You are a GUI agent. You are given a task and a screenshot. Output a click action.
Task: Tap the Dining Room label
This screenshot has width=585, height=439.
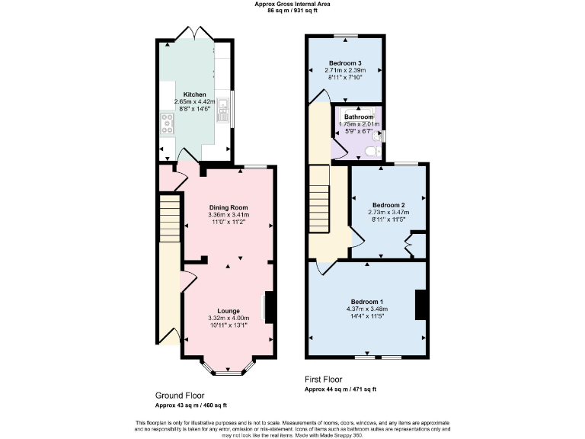click(x=229, y=207)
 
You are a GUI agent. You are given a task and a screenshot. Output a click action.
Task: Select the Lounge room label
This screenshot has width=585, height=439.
click(x=229, y=310)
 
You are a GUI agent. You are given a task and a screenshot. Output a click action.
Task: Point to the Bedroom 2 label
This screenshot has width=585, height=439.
click(x=388, y=205)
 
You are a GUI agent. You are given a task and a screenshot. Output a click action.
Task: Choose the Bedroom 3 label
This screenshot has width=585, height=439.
click(x=344, y=62)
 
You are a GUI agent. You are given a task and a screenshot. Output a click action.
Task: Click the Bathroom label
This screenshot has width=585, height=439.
click(x=358, y=117)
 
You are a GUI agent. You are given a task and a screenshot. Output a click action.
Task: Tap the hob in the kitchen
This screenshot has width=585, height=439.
click(x=166, y=123)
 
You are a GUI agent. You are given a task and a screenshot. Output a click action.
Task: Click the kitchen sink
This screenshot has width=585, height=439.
click(x=222, y=115)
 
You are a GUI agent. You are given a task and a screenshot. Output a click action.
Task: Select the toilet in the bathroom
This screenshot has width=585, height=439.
click(x=372, y=151)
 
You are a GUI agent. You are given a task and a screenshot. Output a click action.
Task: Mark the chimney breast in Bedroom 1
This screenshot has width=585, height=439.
click(x=420, y=305)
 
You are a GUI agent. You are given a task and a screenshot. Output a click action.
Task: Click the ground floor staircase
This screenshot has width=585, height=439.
click(x=170, y=216)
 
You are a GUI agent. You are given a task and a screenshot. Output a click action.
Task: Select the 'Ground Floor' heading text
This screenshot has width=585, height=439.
click(x=180, y=396)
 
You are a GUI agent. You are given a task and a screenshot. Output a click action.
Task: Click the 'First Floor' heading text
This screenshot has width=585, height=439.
click(x=323, y=379)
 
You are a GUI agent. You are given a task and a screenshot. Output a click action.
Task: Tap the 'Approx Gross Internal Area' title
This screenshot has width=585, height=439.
click(x=292, y=5)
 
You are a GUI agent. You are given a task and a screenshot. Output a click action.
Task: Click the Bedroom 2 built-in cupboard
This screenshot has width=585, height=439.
click(x=415, y=245)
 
